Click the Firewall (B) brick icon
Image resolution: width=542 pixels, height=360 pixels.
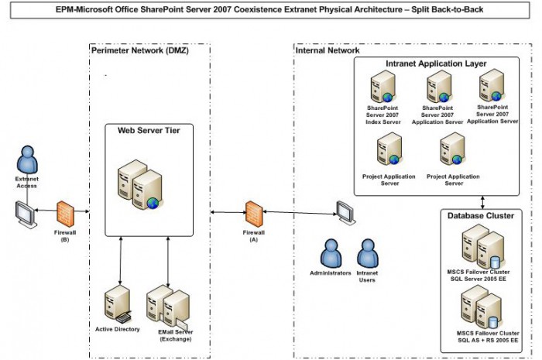coord(65,212)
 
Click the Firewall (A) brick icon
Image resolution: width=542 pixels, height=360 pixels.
coord(252,212)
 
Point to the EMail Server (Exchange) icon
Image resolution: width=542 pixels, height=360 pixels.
coord(170,307)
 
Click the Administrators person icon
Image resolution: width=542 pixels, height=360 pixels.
coord(331,252)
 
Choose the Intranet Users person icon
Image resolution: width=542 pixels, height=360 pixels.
coord(366,252)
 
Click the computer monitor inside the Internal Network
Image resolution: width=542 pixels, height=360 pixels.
coord(345,210)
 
